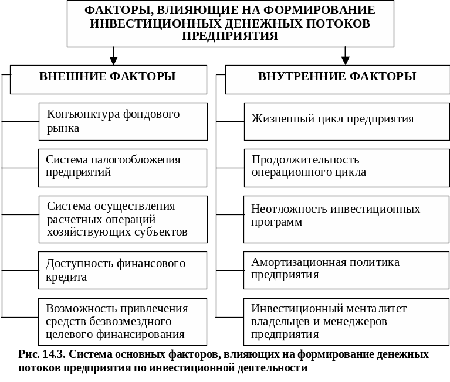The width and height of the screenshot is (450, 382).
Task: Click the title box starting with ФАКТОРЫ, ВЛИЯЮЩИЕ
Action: click(x=230, y=24)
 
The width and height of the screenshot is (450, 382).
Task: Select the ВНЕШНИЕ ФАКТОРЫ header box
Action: click(x=108, y=79)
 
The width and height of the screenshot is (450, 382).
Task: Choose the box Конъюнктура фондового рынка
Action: click(x=123, y=121)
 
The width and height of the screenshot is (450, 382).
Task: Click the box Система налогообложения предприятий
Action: click(x=123, y=166)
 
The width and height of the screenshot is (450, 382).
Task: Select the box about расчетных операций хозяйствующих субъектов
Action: click(x=123, y=219)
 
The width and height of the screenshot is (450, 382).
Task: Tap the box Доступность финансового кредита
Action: click(x=123, y=270)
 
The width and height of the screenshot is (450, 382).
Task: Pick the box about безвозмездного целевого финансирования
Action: click(x=123, y=322)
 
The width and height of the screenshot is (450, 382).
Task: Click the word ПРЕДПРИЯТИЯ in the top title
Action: click(x=230, y=36)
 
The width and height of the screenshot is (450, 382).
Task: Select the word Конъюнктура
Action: click(x=81, y=114)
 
